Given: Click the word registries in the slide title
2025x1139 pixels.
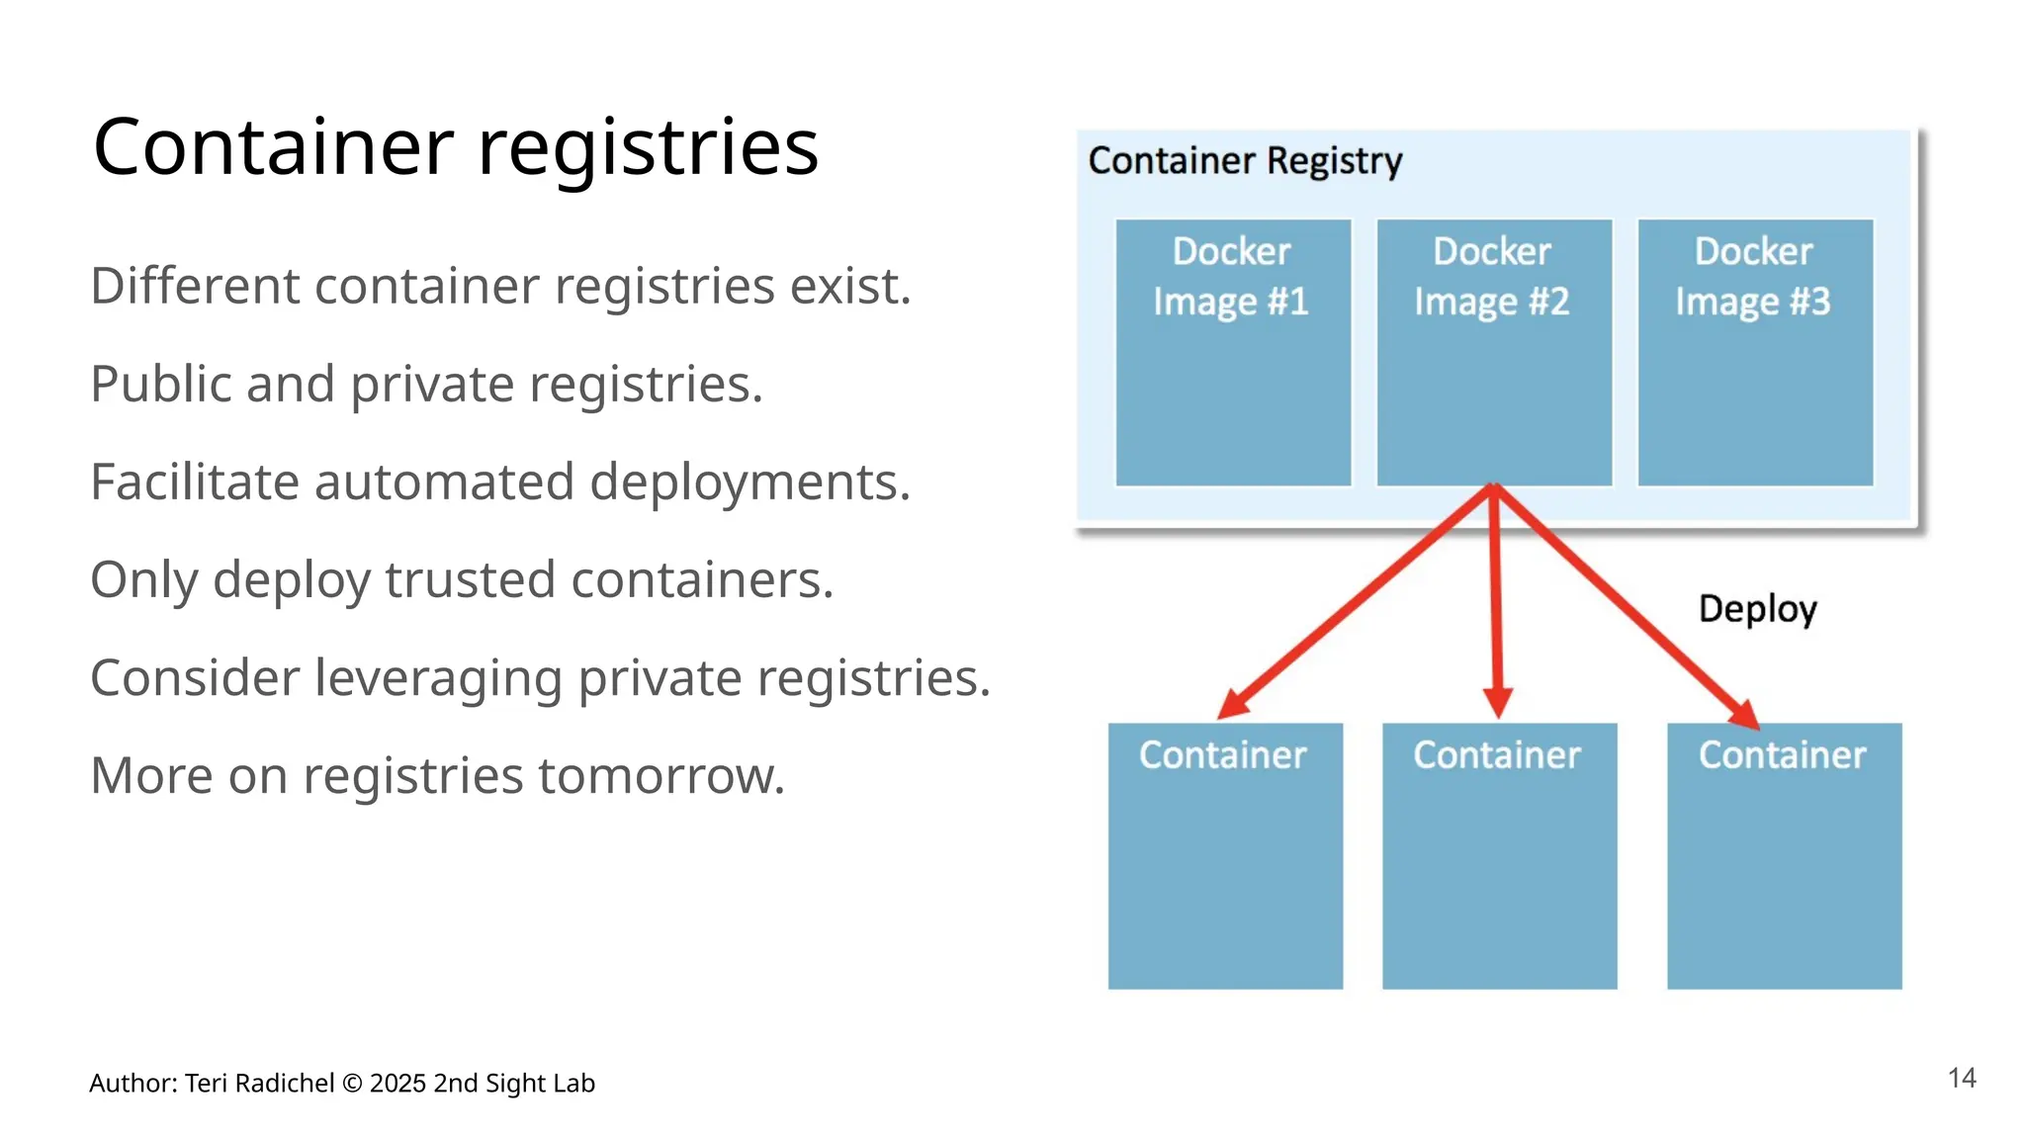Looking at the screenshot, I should click(648, 148).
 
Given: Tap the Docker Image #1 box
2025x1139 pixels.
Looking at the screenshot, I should click(1232, 353).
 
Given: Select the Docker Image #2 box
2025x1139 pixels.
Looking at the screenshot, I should click(1493, 353).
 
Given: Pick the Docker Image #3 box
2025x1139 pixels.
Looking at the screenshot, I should click(1754, 353).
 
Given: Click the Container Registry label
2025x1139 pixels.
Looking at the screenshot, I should click(1244, 160).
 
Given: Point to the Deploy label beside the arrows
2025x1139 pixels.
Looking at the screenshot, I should click(1757, 609).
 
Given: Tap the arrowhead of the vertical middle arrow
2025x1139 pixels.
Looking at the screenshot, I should click(1498, 703).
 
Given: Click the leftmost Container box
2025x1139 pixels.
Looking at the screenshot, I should click(1224, 856).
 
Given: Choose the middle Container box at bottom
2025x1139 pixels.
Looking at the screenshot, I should click(1498, 856).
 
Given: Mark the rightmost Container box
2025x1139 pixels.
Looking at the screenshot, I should click(1783, 856).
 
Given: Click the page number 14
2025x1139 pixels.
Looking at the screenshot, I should click(1961, 1078).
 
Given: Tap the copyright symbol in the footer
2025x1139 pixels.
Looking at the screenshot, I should click(352, 1084).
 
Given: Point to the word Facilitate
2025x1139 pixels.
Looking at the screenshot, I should click(194, 482).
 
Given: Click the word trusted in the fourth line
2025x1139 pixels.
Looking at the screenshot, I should click(469, 580).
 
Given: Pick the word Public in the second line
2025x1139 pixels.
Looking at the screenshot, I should click(161, 385).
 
